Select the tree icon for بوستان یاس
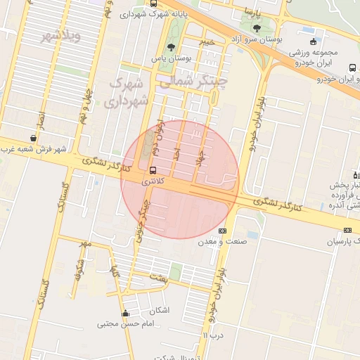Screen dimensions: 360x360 pos(172,47)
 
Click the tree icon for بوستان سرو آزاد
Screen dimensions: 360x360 pos(255,28)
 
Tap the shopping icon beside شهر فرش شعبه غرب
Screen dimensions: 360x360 pos(33,139)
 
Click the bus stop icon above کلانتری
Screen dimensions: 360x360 pos(153,170)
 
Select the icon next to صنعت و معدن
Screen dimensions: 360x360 pos(223,231)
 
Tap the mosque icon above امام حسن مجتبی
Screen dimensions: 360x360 pos(125,314)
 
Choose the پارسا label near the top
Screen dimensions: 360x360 pos(252,13)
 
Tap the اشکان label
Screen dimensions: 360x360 pos(160,310)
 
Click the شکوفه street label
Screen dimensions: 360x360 pos(78,270)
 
